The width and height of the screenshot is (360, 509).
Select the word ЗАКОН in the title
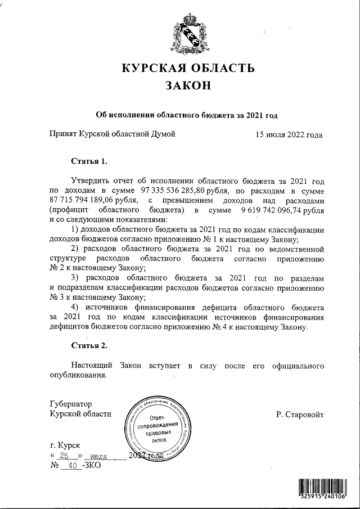pyautogui.click(x=188, y=86)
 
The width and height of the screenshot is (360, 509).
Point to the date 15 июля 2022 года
pyautogui.click(x=289, y=134)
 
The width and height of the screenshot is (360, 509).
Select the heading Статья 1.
pyautogui.click(x=89, y=161)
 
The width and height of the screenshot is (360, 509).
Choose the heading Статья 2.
pyautogui.click(x=89, y=344)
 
